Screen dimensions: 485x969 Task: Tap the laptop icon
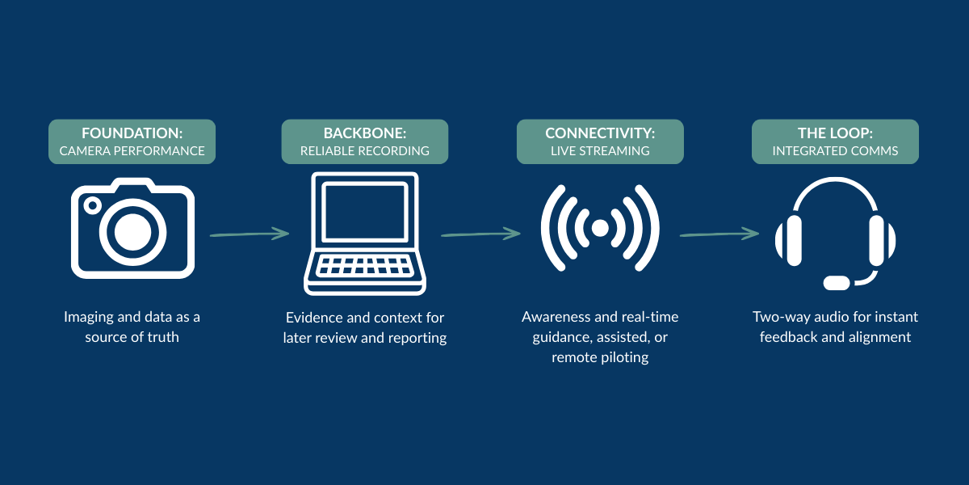(365, 234)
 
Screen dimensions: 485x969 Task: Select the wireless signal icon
(600, 229)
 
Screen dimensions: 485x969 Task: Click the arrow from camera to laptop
(249, 234)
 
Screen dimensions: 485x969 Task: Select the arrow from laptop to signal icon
(480, 234)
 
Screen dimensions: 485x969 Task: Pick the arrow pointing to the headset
(719, 234)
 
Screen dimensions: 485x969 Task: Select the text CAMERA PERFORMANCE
(132, 151)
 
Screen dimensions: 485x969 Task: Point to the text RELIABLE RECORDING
(365, 151)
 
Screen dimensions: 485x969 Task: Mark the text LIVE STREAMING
(600, 151)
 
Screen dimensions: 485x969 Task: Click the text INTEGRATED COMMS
(835, 151)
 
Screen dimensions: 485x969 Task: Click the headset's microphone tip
(837, 283)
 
